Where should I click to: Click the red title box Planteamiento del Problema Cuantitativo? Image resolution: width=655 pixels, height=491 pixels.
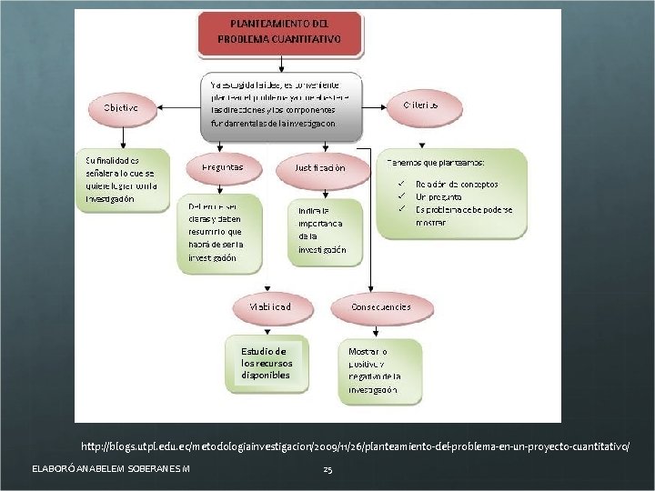[x=279, y=33]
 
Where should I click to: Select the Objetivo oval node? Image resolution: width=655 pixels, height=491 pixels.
[x=120, y=107]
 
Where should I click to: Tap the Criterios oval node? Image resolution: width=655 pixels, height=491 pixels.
[x=420, y=105]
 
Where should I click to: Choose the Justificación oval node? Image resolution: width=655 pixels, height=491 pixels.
[x=319, y=168]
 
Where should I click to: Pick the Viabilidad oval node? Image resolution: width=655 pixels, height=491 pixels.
[x=270, y=307]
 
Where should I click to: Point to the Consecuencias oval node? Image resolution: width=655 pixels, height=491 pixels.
[x=380, y=307]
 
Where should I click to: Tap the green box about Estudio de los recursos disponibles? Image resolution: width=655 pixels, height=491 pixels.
[x=266, y=363]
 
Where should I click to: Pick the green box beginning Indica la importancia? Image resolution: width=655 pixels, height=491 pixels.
[x=324, y=230]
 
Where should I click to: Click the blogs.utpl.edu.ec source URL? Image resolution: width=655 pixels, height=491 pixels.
[x=354, y=447]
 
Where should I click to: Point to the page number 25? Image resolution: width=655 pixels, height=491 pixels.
[x=327, y=469]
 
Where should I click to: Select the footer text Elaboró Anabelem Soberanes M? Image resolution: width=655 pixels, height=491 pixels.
[x=110, y=468]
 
